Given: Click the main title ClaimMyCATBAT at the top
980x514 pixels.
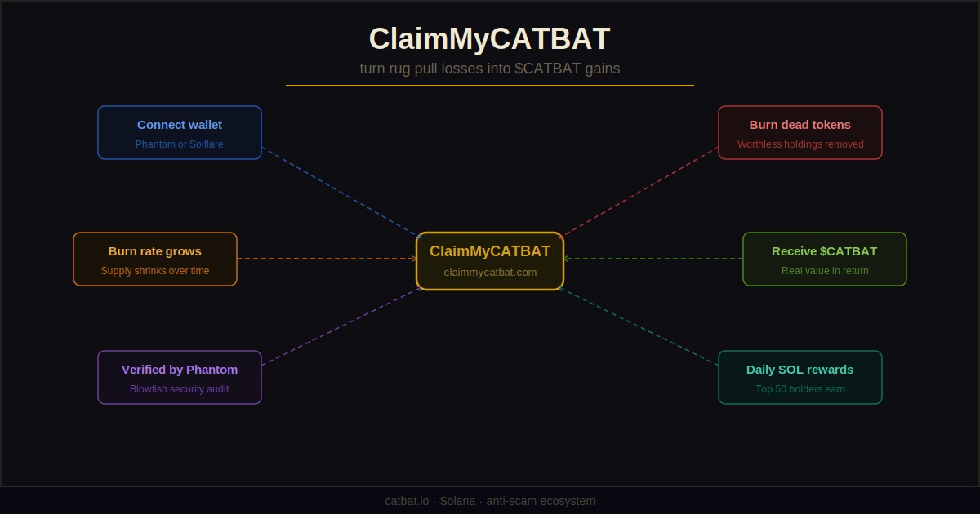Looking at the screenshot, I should (x=489, y=39).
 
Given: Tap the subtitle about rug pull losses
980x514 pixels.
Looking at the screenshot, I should (x=489, y=69).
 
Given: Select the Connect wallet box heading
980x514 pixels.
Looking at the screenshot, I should (x=180, y=125).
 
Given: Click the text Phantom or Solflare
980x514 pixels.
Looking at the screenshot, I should (x=180, y=144).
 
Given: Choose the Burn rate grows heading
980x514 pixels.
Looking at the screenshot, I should (x=155, y=251).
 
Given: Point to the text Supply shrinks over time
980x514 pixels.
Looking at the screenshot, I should (x=155, y=271).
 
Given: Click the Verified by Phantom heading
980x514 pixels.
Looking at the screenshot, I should (x=180, y=370).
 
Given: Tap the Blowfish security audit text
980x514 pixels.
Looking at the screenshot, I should (x=180, y=389).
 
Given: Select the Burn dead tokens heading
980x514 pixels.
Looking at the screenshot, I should (x=800, y=125).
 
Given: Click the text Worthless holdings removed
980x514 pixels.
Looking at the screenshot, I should (x=800, y=144).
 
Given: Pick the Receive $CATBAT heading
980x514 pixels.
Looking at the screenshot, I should (x=825, y=251).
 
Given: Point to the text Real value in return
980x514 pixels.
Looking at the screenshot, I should (x=825, y=271).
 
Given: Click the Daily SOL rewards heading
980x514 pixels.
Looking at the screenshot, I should (x=800, y=370).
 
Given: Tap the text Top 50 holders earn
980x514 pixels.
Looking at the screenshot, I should (x=800, y=389).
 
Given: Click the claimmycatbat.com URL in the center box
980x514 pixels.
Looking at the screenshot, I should (x=490, y=273).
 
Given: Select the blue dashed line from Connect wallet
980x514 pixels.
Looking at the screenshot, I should (x=341, y=193).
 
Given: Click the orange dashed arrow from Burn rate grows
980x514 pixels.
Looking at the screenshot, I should (x=327, y=259).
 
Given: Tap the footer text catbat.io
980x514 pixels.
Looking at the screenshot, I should (x=407, y=501).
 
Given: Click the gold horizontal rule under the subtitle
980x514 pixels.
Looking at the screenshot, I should (x=490, y=85).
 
